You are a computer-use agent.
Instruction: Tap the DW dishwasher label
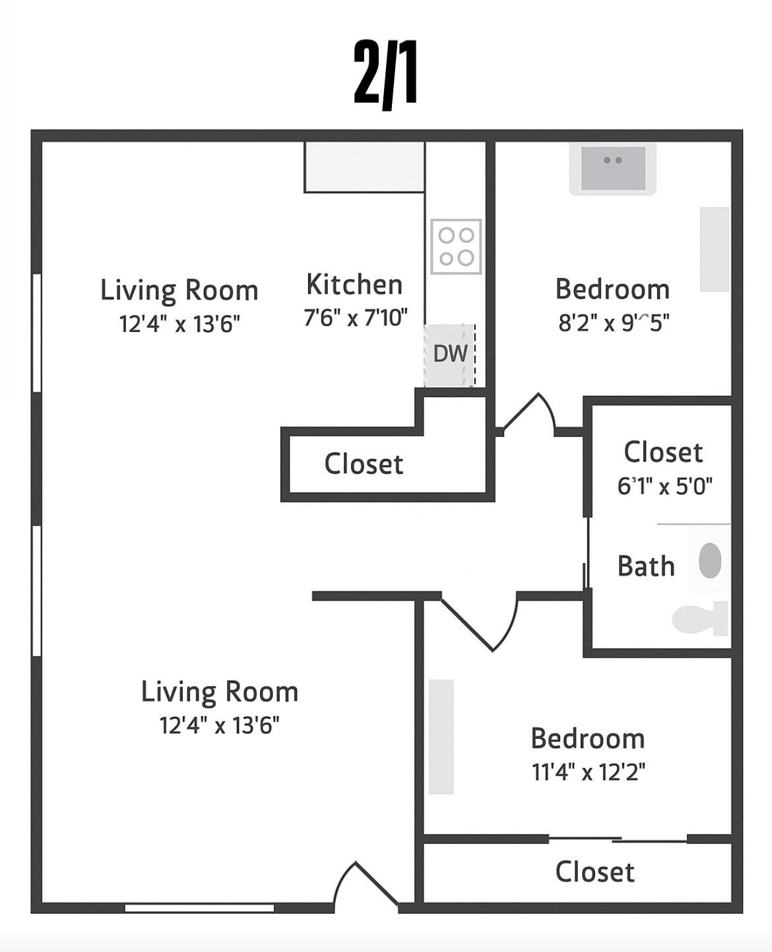450,354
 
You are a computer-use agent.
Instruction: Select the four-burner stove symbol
456,246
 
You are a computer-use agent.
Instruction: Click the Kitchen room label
354,285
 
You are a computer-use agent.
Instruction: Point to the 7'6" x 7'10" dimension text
356,318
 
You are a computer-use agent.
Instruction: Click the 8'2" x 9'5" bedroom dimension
614,322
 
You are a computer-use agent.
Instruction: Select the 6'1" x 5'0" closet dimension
665,486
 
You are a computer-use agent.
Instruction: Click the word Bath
646,566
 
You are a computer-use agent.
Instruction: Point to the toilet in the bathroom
699,619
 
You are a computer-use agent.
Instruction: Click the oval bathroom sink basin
710,561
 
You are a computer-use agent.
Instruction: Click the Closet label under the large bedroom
595,871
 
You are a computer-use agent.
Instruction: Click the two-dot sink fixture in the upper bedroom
613,168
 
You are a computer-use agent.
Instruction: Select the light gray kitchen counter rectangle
364,167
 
